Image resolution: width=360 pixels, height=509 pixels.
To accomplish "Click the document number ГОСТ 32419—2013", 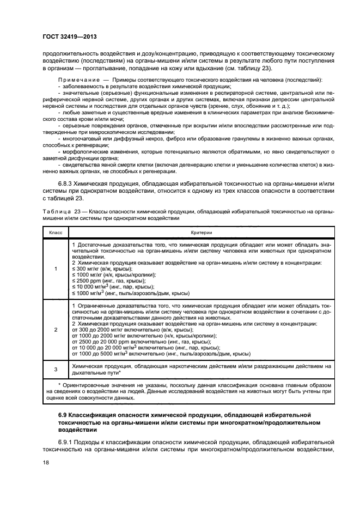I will point(70,37).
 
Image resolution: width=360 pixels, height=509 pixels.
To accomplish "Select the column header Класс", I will point(56,232).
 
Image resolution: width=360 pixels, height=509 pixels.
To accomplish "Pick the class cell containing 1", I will point(56,268).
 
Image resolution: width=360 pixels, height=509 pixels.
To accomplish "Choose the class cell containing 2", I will point(56,330).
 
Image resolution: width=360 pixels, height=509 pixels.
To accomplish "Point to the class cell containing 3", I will point(56,370).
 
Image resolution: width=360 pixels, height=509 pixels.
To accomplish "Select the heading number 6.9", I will point(65,416).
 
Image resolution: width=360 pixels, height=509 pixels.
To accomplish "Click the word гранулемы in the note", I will point(234,139).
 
